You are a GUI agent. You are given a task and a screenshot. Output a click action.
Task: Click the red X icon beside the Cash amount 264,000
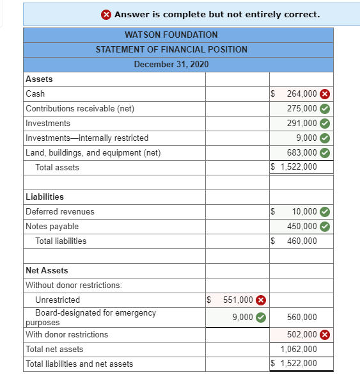click(325, 93)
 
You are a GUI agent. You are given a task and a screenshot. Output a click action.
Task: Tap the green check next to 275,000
click(325, 108)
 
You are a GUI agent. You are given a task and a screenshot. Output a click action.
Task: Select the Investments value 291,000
click(302, 123)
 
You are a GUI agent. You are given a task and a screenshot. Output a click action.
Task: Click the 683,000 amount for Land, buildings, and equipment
click(302, 152)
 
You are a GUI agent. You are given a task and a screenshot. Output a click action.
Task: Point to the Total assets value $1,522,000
click(293, 167)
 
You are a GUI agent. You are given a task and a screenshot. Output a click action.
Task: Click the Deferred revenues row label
click(60, 211)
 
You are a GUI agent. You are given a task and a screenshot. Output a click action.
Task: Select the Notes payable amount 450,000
click(302, 226)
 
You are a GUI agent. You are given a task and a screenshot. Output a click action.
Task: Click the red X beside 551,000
click(261, 300)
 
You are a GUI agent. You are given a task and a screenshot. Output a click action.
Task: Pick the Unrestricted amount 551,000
click(237, 300)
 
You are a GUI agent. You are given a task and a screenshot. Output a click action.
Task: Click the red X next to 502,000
click(325, 334)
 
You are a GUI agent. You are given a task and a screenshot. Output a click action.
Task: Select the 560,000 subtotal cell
click(302, 317)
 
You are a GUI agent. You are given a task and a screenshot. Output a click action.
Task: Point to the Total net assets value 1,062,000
click(299, 349)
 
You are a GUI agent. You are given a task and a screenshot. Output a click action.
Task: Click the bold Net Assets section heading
click(47, 270)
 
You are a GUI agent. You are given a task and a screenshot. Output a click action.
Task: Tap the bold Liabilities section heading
click(44, 197)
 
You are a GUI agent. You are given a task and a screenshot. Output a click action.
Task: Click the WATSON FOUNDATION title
click(171, 35)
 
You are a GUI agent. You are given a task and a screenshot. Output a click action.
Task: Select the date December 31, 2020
click(171, 64)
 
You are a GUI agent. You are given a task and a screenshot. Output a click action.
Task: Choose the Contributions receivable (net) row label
click(80, 108)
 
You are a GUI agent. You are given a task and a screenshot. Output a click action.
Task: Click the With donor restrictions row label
click(67, 334)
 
